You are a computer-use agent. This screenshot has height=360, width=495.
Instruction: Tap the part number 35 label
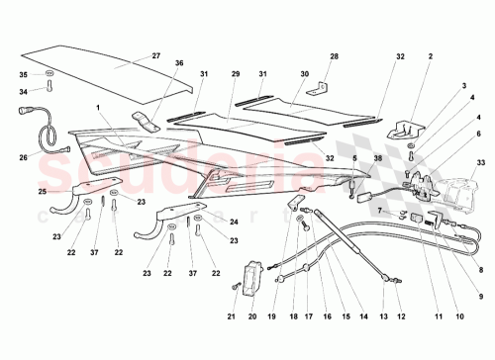tap(25, 74)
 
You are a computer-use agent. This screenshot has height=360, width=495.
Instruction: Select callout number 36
tap(179, 64)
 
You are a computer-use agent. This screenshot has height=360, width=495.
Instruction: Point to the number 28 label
tap(333, 56)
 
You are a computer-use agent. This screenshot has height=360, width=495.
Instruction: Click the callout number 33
tap(482, 161)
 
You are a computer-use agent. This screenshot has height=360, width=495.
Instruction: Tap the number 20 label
tap(251, 316)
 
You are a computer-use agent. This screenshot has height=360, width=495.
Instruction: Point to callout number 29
tap(236, 74)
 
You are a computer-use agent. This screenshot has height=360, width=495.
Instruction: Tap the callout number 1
tap(98, 107)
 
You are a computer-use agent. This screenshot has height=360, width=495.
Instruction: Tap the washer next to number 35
tap(49, 74)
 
